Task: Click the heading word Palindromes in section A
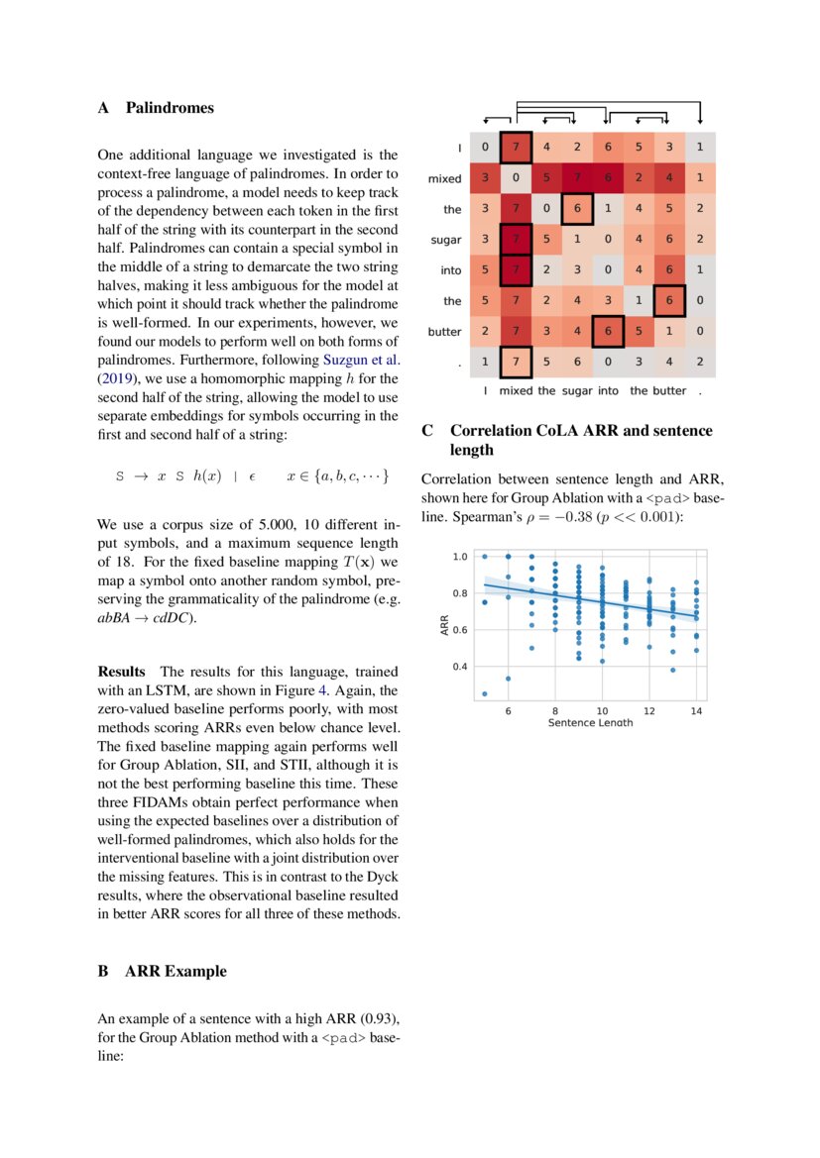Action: coord(170,108)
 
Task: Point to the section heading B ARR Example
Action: coord(162,972)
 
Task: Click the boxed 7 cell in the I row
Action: coord(516,149)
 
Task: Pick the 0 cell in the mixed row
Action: coord(516,179)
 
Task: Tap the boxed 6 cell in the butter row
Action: coord(608,332)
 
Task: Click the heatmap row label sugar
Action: coord(445,240)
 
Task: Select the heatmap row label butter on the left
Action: coord(444,332)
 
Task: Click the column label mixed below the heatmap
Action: coord(516,391)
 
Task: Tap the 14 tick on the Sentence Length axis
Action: coord(697,711)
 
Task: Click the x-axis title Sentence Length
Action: coord(590,723)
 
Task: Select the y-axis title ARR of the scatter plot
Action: coord(445,624)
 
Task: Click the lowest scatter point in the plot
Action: coord(484,693)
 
